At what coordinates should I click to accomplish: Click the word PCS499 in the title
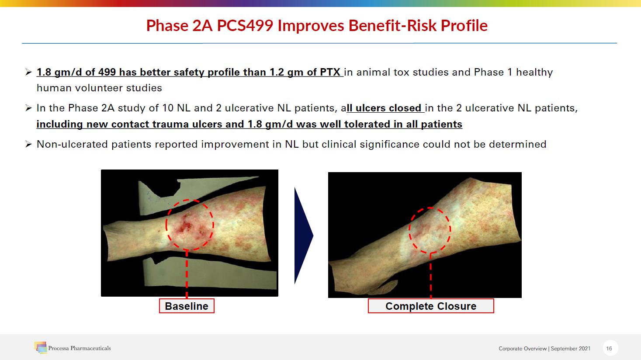coord(245,25)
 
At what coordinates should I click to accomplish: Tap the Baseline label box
coord(187,306)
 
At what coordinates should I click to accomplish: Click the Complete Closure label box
coord(431,306)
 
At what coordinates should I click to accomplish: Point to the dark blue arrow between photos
coord(304,236)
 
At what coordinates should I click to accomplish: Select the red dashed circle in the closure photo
coord(409,230)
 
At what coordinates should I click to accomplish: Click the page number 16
coord(609,348)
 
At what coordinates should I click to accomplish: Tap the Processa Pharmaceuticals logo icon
coord(41,347)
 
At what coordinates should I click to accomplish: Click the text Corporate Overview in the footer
coord(523,349)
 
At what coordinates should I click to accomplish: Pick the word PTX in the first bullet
coord(330,72)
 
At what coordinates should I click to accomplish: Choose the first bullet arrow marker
coord(28,72)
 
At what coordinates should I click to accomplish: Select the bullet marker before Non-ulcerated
coord(28,144)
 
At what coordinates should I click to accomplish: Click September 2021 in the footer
coord(571,349)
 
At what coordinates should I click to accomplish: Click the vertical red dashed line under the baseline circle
coord(187,274)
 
